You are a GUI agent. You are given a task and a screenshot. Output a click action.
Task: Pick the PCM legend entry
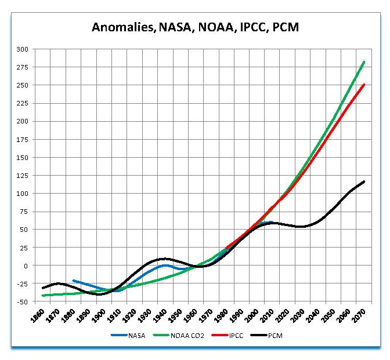(279, 336)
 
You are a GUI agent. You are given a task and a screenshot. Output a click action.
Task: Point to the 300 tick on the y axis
(22, 49)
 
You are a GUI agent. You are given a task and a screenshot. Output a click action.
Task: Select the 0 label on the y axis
(26, 266)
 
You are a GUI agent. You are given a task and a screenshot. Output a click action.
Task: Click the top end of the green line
(364, 62)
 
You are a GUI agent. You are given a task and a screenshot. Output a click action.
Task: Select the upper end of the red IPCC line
(364, 85)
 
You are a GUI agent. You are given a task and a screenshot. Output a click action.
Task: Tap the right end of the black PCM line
(364, 181)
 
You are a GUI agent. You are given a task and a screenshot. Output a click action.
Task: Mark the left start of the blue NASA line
(73, 281)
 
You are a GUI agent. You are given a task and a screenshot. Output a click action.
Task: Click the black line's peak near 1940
(165, 259)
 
